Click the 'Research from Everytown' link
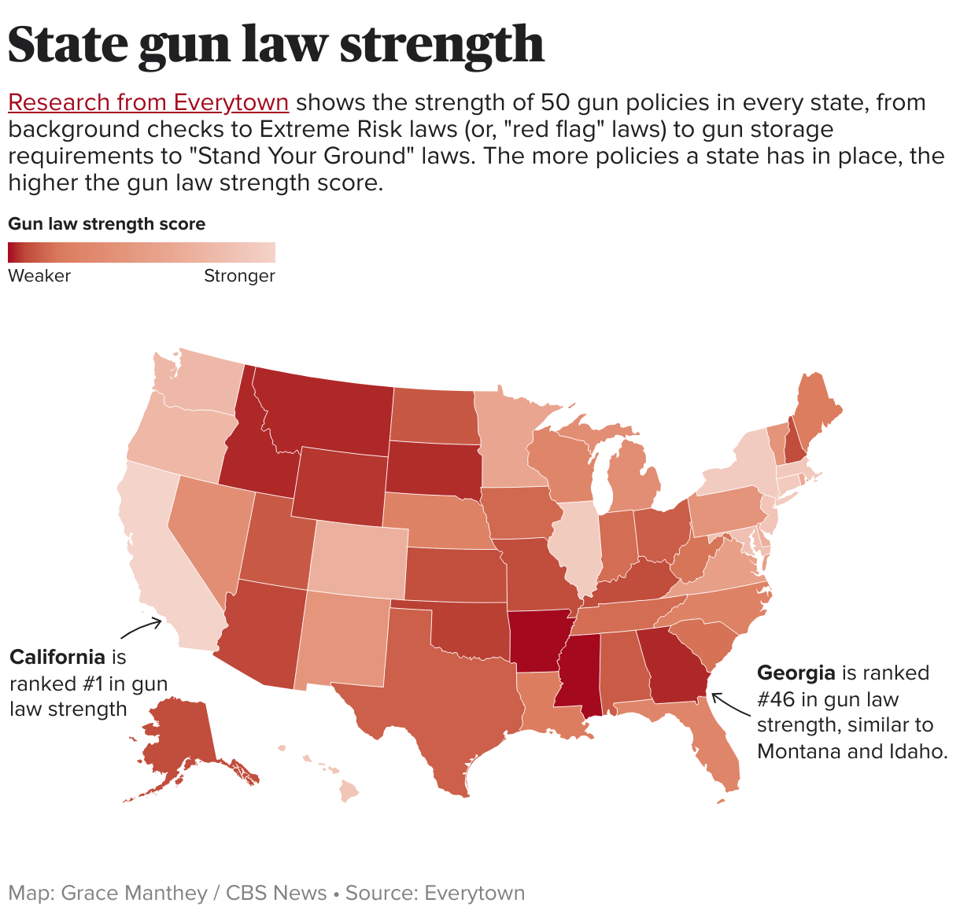click(148, 103)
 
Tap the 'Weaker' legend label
click(39, 276)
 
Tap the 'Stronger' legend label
click(239, 276)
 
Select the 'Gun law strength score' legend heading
click(106, 224)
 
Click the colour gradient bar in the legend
click(142, 252)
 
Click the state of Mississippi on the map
click(580, 673)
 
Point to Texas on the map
click(441, 692)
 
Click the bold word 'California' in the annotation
click(57, 657)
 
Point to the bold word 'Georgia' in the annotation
click(796, 673)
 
